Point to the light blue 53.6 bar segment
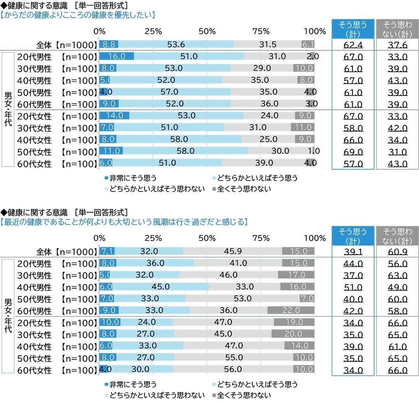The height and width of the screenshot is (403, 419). [x=176, y=44]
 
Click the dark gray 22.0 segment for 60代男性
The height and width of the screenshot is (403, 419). [x=291, y=310]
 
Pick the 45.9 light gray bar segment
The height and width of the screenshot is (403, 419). [x=233, y=251]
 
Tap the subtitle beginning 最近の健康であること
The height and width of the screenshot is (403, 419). [x=124, y=222]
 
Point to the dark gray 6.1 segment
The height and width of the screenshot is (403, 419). [x=308, y=44]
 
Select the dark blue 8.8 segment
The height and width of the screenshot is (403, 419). [x=109, y=44]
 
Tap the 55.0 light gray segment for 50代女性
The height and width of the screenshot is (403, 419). [x=233, y=358]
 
